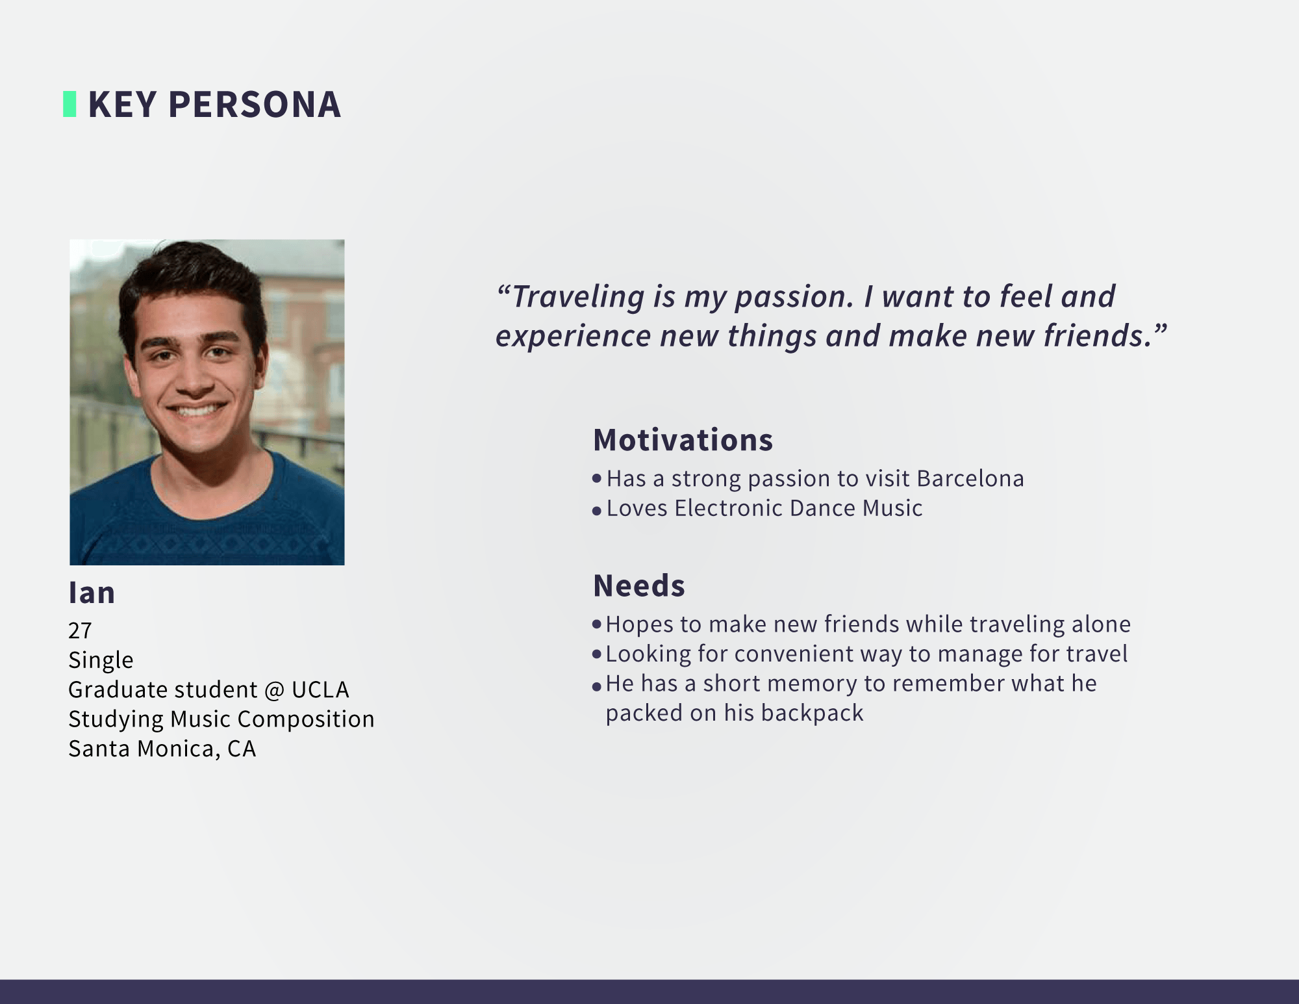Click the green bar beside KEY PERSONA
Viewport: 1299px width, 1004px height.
click(69, 104)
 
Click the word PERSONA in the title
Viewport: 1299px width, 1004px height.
click(255, 105)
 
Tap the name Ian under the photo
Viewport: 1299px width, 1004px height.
click(92, 593)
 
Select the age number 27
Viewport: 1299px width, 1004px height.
click(80, 630)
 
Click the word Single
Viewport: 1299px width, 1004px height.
click(101, 660)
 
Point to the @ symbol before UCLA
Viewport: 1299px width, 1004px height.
click(274, 689)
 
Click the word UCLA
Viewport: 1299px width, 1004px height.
click(320, 689)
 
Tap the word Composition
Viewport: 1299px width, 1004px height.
click(306, 719)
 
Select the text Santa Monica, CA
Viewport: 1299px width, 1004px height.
click(162, 749)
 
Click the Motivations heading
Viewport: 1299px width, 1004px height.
click(683, 440)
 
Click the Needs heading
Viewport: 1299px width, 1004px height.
click(639, 586)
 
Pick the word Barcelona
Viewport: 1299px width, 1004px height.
click(970, 478)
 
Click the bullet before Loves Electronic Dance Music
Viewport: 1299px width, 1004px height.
click(597, 511)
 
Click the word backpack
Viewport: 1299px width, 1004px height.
click(813, 714)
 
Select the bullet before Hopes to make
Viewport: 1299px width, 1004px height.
click(597, 624)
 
